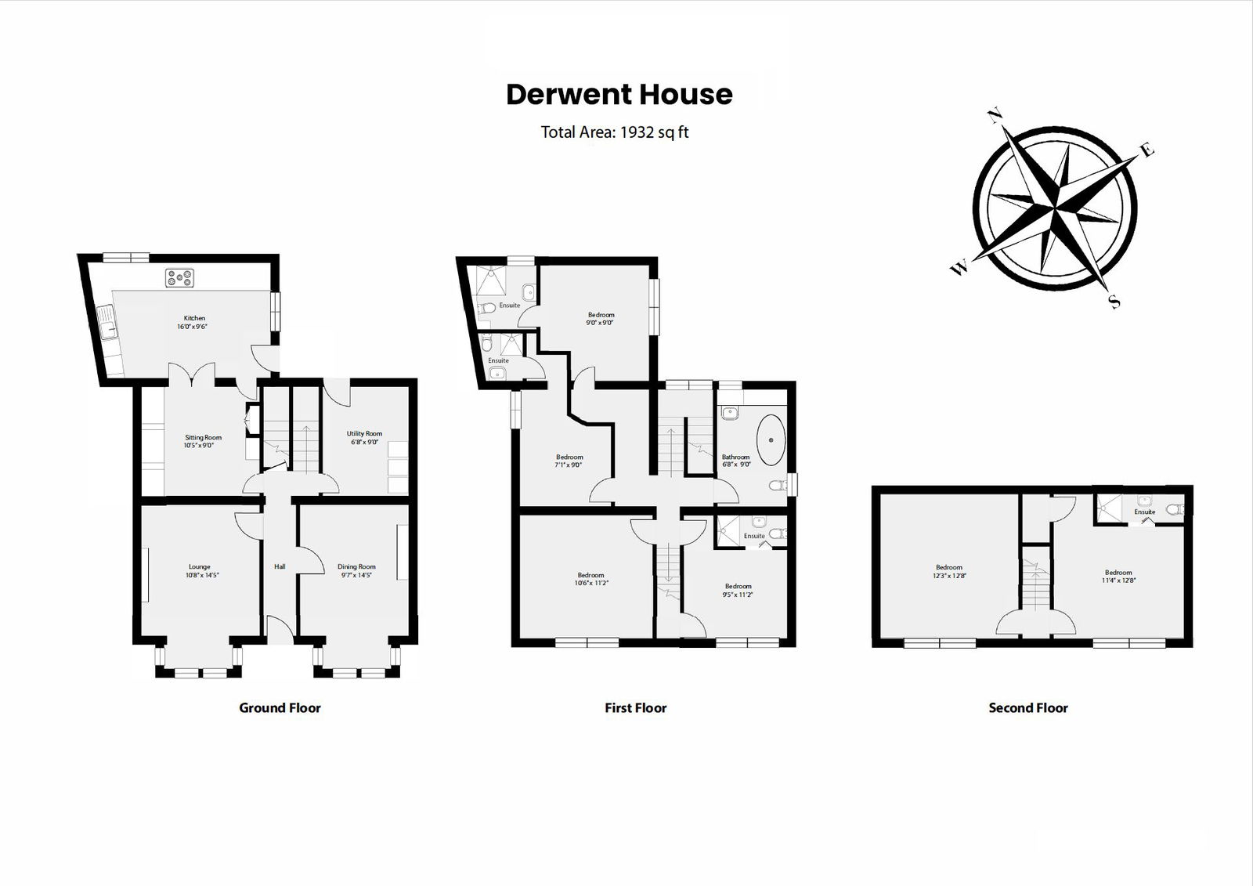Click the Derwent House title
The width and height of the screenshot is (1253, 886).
click(619, 95)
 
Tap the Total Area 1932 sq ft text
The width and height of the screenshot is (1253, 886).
click(615, 132)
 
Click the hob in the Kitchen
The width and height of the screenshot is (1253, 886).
click(179, 277)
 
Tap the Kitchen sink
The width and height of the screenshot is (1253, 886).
click(107, 321)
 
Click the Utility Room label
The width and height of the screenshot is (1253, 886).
click(364, 433)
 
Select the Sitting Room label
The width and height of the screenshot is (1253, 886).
click(203, 438)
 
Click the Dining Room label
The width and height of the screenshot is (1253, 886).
click(356, 566)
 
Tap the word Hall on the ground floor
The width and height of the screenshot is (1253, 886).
click(280, 566)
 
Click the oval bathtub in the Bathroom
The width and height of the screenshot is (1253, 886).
click(771, 438)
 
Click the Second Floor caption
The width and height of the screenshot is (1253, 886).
click(1027, 708)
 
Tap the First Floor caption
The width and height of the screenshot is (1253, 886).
click(635, 708)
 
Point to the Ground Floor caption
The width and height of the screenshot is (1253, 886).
click(280, 708)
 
